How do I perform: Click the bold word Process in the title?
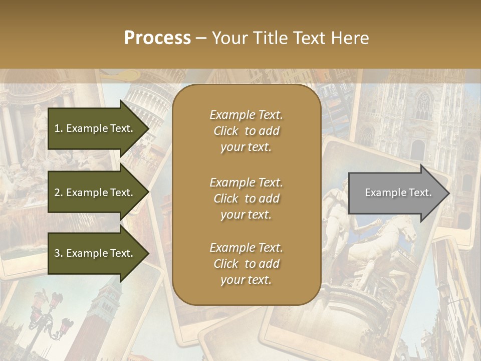click(x=157, y=38)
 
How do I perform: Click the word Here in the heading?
click(x=351, y=38)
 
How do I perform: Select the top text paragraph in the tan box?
click(x=246, y=131)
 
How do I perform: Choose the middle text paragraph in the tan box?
click(x=246, y=199)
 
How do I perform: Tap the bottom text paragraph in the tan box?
click(x=246, y=264)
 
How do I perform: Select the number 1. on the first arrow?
click(x=58, y=128)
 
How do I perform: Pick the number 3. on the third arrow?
click(x=58, y=253)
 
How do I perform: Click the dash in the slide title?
click(x=201, y=38)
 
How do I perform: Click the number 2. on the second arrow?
click(x=58, y=193)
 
